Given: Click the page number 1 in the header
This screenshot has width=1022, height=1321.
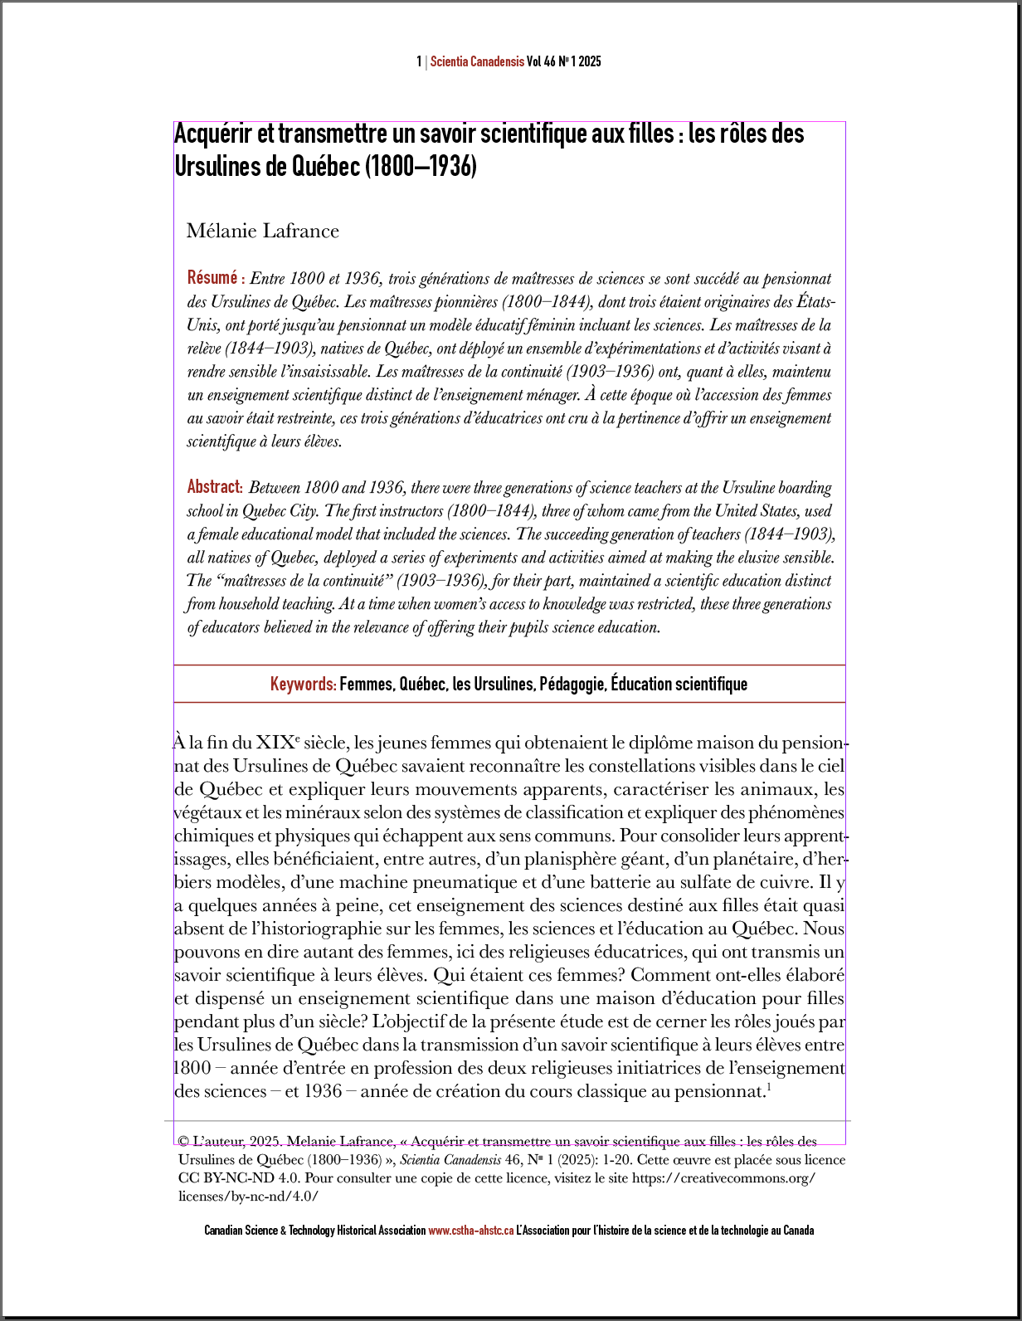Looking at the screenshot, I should (x=419, y=61).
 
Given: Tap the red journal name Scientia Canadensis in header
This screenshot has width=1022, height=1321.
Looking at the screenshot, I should (x=477, y=61).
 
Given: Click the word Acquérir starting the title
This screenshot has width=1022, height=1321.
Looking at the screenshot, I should (x=212, y=134).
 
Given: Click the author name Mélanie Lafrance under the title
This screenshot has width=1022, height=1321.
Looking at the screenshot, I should (x=262, y=231).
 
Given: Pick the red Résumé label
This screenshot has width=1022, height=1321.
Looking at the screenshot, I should (x=212, y=277).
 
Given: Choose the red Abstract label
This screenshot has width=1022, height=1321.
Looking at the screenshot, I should (x=214, y=486).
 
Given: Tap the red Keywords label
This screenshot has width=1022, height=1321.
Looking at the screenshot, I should (x=303, y=685).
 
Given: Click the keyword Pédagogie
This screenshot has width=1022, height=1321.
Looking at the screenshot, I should (x=572, y=685).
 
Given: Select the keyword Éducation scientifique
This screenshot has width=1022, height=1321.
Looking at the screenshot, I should (x=679, y=685).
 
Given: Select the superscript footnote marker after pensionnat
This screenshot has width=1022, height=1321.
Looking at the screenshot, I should (x=769, y=1087).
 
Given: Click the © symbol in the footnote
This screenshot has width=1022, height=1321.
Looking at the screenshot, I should (x=183, y=1142).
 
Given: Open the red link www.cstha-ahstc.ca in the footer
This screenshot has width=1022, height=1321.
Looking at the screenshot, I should (x=470, y=1231).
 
